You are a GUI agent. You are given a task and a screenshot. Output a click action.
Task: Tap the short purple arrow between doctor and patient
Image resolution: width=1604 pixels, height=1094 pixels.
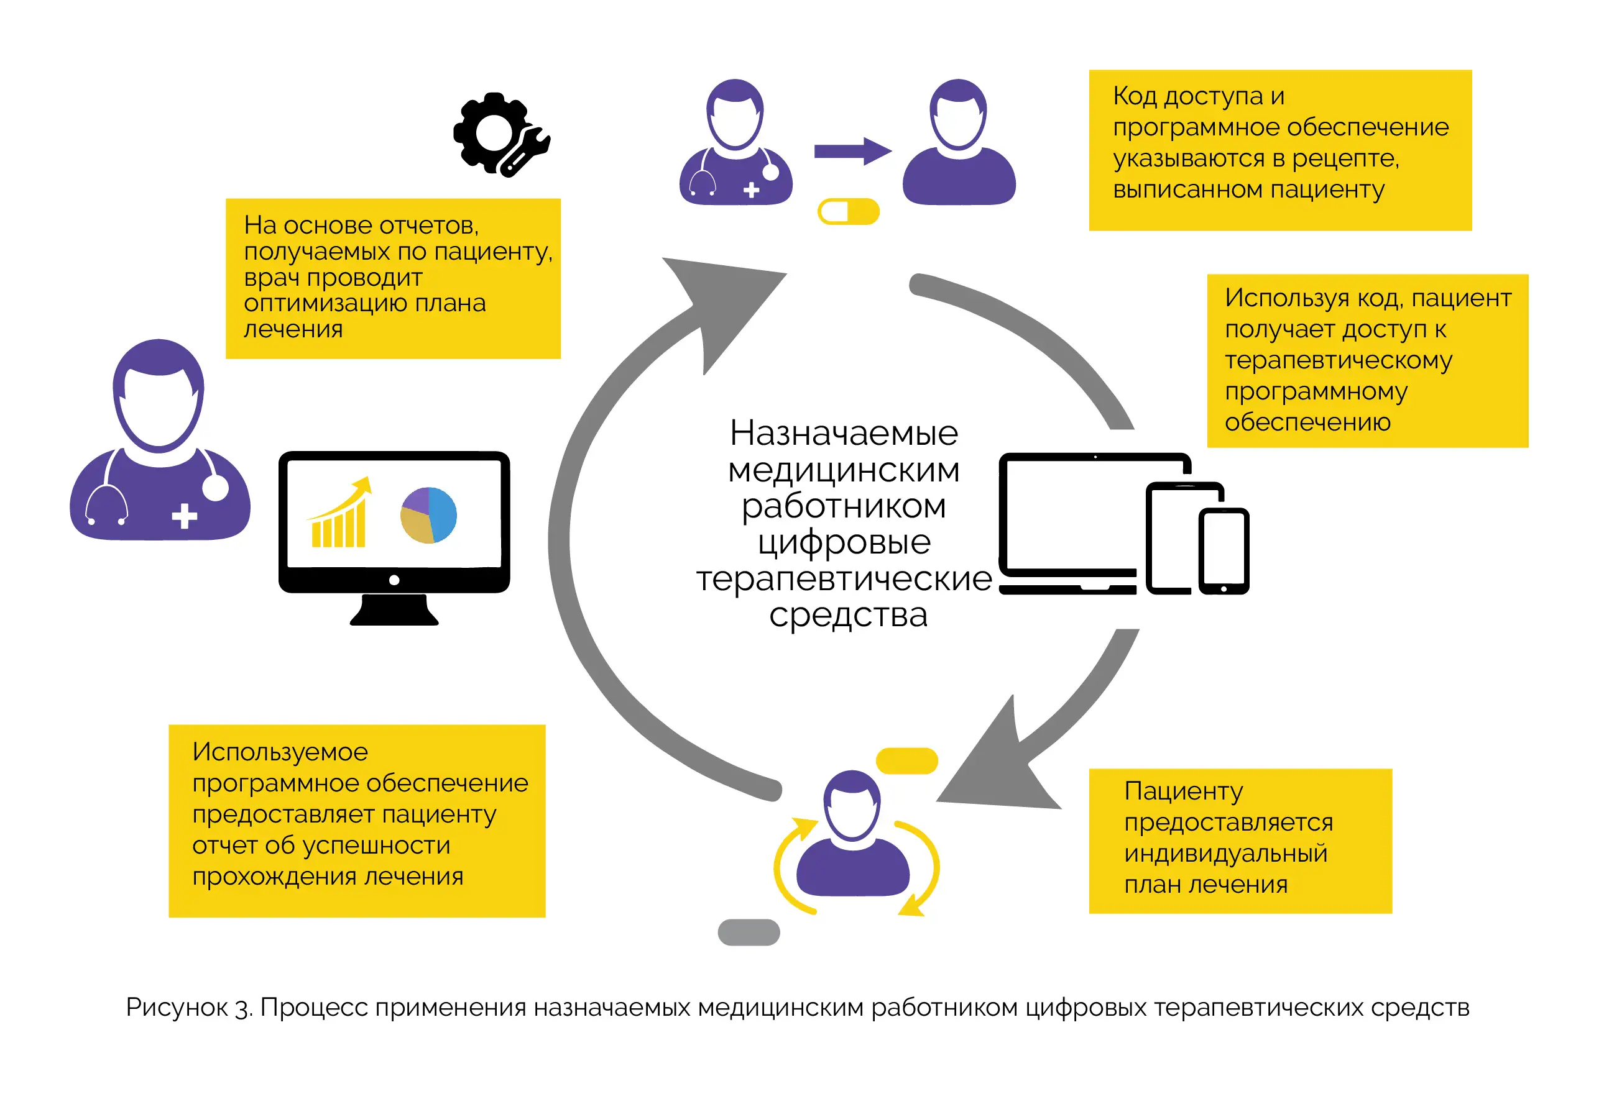pos(853,152)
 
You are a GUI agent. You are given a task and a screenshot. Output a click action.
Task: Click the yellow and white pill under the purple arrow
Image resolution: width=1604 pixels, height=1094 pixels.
pos(848,212)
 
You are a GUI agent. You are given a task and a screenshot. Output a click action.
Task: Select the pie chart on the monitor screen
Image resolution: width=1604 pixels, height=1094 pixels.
pos(428,515)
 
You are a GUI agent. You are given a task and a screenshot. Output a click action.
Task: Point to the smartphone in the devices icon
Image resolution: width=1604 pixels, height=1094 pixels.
pos(1224,551)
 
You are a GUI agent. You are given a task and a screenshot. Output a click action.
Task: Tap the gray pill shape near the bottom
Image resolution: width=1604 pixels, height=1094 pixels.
pos(749,932)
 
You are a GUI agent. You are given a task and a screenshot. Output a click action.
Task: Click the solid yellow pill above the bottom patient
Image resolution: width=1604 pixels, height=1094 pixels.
pos(907,761)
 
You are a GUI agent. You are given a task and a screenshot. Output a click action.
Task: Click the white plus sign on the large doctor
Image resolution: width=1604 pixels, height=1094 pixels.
pos(184,516)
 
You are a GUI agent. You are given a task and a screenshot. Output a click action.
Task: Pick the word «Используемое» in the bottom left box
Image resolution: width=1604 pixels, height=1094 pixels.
pos(280,752)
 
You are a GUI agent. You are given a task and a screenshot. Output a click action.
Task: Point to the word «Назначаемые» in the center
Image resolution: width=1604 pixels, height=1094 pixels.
pos(844,433)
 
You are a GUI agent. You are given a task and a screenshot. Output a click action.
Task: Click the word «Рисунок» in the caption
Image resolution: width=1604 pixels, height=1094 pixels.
pos(177,1008)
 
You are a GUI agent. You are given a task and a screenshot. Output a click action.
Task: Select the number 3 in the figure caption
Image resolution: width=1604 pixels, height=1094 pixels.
pos(243,1009)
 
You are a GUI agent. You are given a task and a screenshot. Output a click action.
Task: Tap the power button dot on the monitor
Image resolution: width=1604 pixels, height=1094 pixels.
pos(394,580)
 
